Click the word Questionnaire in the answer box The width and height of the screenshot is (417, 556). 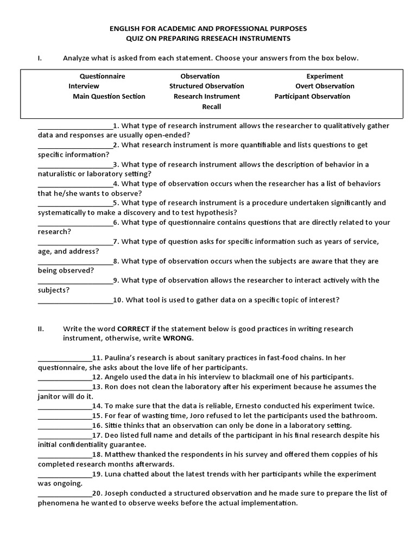[x=102, y=76]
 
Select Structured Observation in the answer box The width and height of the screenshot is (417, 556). [x=206, y=86]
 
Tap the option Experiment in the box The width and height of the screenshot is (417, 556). [x=324, y=76]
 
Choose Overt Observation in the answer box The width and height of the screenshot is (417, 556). [x=324, y=86]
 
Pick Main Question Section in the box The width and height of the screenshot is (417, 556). [x=109, y=96]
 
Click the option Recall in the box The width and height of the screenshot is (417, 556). [x=211, y=106]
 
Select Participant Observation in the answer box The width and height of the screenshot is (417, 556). [x=312, y=96]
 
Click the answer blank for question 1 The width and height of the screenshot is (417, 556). [x=75, y=127]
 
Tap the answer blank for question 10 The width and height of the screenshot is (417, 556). [x=75, y=300]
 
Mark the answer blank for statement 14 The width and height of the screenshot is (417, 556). [x=65, y=406]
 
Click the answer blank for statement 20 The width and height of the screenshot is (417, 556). [x=65, y=494]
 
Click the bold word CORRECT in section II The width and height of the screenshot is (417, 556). [x=134, y=328]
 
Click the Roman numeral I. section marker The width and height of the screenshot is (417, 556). [x=40, y=58]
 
